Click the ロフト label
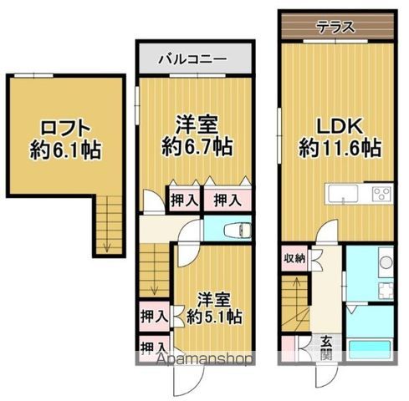coord(59,129)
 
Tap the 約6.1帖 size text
coord(59,152)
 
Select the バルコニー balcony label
coord(194,61)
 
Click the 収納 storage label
coord(294,258)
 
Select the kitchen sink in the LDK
coord(344,195)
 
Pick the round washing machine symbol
coord(386,263)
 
